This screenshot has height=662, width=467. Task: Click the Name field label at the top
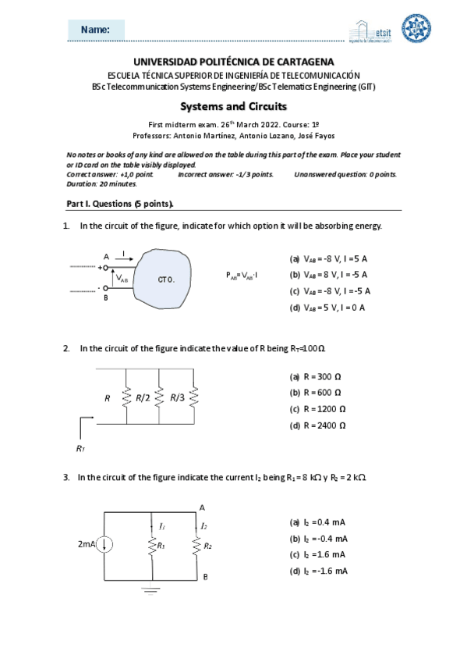[95, 29]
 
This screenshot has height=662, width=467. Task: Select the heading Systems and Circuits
[233, 106]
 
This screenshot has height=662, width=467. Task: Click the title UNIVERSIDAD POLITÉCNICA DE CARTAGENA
[233, 61]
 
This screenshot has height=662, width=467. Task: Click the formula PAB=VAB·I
[242, 276]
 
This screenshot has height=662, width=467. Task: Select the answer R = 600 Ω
[316, 392]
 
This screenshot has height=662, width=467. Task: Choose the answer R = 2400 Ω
[317, 425]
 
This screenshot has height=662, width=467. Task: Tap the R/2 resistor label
[143, 398]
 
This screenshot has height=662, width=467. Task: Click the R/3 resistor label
[177, 398]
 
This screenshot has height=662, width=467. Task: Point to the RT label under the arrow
[80, 448]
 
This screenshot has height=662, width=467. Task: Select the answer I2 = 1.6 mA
[317, 554]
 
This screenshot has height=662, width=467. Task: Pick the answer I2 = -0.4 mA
[319, 538]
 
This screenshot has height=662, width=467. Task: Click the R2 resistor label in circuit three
[207, 545]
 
